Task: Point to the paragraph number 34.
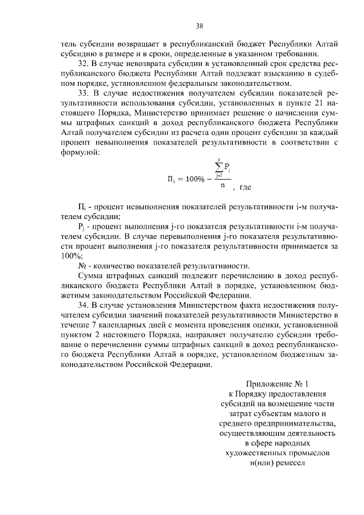point(82,305)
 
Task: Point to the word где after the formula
point(245,187)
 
